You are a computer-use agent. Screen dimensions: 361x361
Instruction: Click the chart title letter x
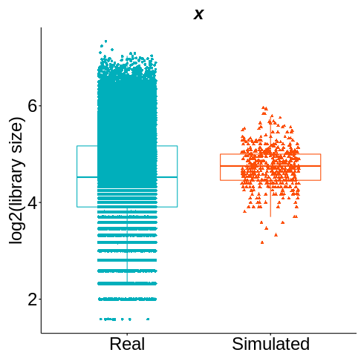198,14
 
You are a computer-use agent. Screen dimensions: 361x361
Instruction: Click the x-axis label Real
127,345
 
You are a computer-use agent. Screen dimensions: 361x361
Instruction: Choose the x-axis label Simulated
270,345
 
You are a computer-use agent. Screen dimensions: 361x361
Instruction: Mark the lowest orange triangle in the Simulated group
262,242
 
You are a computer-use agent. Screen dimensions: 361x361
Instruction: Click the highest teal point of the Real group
105,42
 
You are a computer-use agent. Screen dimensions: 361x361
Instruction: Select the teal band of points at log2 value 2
127,299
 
